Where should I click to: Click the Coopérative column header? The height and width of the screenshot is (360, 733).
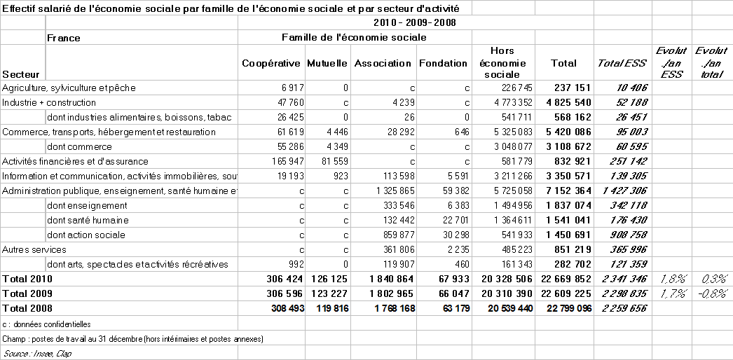click(271, 63)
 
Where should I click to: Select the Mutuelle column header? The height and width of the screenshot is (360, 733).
click(327, 63)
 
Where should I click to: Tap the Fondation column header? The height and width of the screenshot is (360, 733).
click(443, 63)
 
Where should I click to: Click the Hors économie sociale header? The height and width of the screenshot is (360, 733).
click(502, 62)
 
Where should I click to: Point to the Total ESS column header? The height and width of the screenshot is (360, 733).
click(622, 63)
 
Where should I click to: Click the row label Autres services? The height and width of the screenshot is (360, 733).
click(34, 249)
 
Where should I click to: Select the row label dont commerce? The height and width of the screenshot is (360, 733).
click(79, 146)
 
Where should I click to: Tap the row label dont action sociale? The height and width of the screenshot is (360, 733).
click(87, 235)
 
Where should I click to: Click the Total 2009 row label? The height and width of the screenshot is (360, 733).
click(27, 293)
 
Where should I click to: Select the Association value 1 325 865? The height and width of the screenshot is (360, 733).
click(385, 191)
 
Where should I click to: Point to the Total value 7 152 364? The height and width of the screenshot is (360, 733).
click(563, 191)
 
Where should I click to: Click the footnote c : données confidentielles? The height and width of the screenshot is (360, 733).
click(46, 324)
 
